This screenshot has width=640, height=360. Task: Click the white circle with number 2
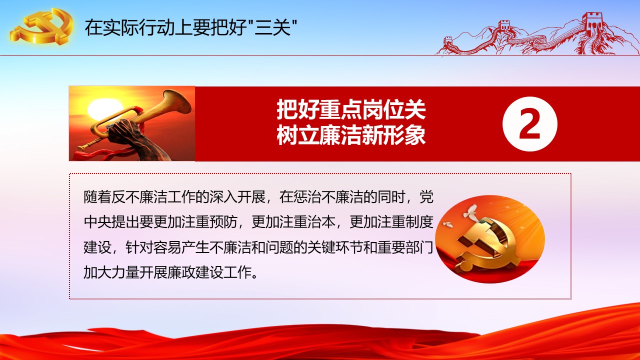529,124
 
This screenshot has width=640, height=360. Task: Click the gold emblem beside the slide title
41,26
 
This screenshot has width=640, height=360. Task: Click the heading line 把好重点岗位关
351,110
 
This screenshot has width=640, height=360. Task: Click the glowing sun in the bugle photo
103,109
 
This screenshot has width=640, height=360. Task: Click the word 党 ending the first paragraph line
426,197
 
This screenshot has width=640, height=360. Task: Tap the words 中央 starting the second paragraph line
97,222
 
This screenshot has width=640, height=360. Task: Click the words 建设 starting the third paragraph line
97,247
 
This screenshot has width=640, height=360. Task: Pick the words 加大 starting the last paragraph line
97,272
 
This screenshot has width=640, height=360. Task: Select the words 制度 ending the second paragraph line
419,222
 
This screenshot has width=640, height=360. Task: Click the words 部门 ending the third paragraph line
419,247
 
